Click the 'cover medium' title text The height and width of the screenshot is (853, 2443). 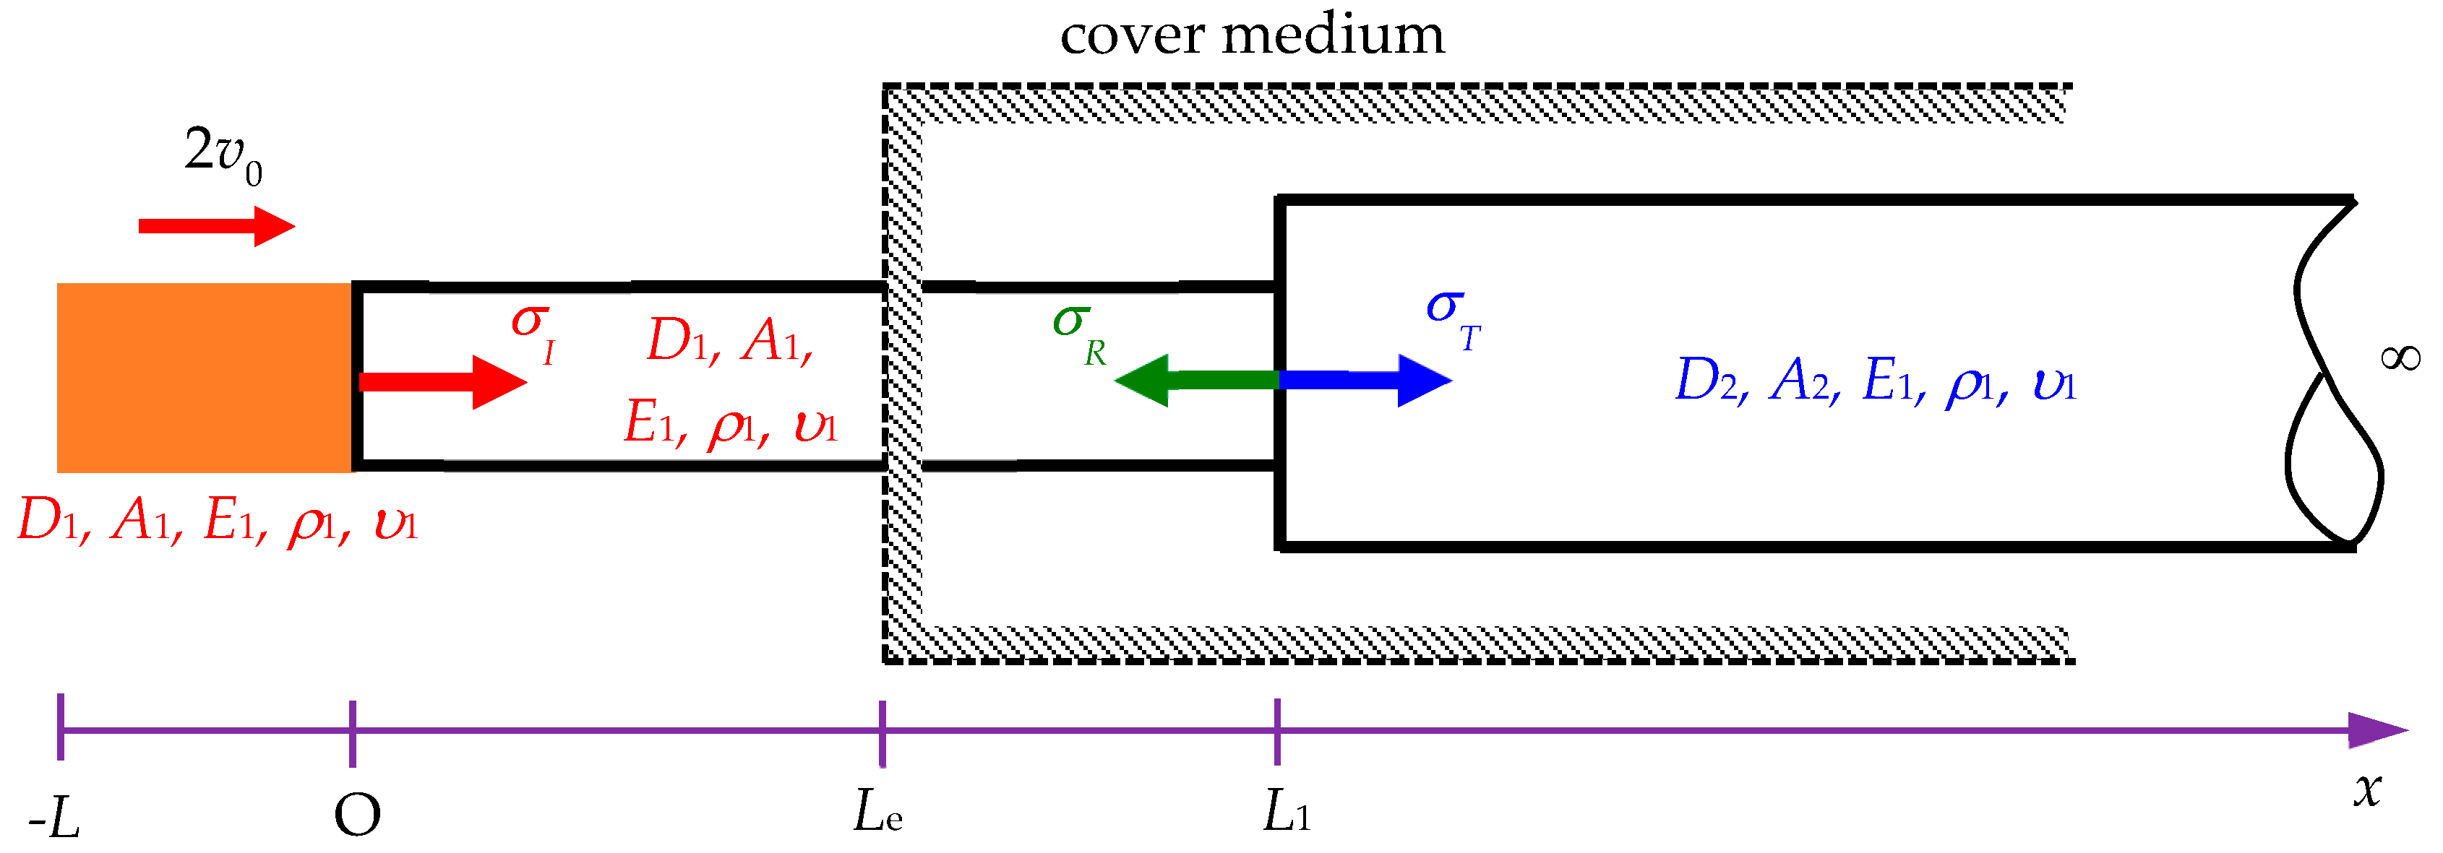point(1252,36)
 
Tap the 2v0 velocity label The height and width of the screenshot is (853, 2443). point(223,154)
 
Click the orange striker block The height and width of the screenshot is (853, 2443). point(205,377)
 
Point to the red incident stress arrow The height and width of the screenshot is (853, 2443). point(442,382)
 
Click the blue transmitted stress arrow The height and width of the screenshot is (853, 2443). point(1365,380)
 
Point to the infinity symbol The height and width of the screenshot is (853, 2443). point(2400,358)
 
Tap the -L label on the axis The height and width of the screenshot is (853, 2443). point(55,817)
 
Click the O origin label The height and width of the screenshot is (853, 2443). point(358,815)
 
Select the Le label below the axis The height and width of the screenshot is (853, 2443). point(877,813)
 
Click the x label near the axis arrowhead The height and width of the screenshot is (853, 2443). point(2367,789)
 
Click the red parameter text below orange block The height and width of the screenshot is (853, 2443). point(217,521)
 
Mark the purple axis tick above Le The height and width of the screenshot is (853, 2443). point(882,732)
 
